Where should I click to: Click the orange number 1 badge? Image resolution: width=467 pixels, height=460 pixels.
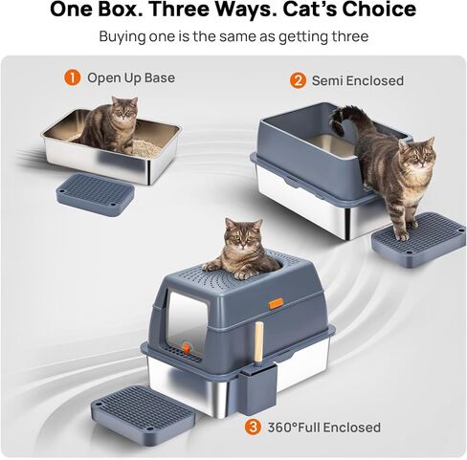73,77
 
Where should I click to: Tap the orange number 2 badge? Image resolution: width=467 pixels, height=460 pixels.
298,80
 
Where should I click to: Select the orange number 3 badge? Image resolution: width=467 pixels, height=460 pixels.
253,427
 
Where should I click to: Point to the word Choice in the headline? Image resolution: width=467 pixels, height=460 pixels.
379,10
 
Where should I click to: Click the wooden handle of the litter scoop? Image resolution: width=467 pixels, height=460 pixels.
259,341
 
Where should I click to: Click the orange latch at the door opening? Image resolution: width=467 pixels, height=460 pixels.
187,347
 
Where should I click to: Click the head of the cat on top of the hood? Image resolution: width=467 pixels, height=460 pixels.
243,234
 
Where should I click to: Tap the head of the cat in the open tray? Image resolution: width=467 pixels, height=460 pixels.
124,109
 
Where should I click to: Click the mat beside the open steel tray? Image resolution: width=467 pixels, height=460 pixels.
95,194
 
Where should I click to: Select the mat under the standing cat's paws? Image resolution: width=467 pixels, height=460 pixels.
418,238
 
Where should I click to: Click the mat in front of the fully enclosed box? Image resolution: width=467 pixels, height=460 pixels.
143,412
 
